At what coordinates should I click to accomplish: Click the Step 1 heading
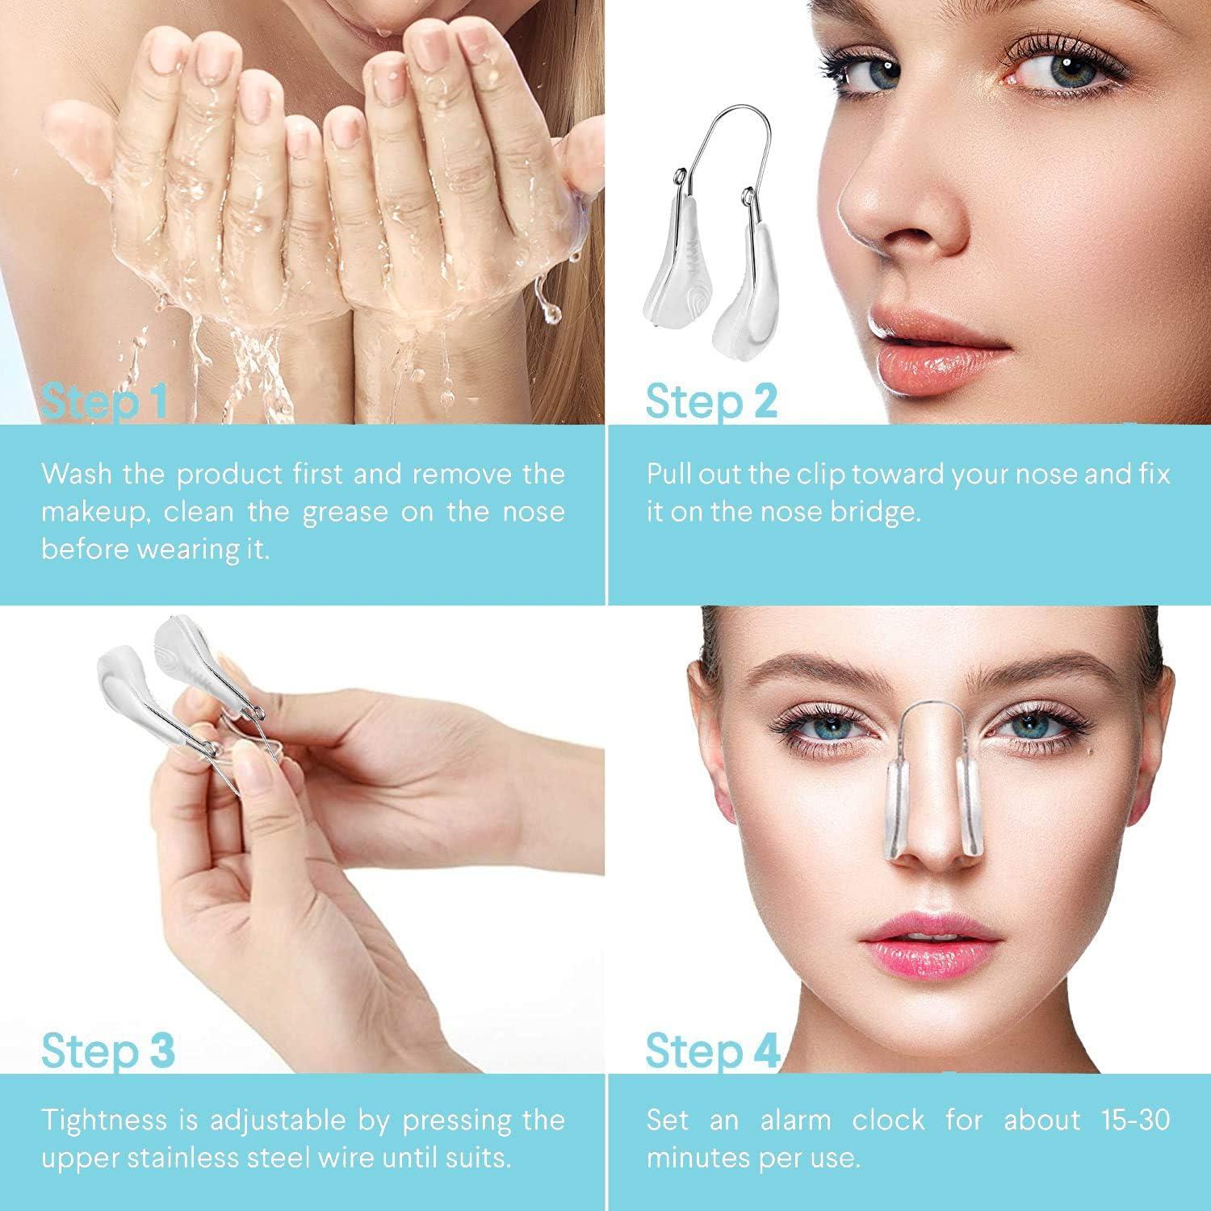coord(105,401)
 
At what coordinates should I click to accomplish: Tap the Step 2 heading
coord(711,401)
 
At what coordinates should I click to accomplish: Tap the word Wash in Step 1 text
coord(76,473)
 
